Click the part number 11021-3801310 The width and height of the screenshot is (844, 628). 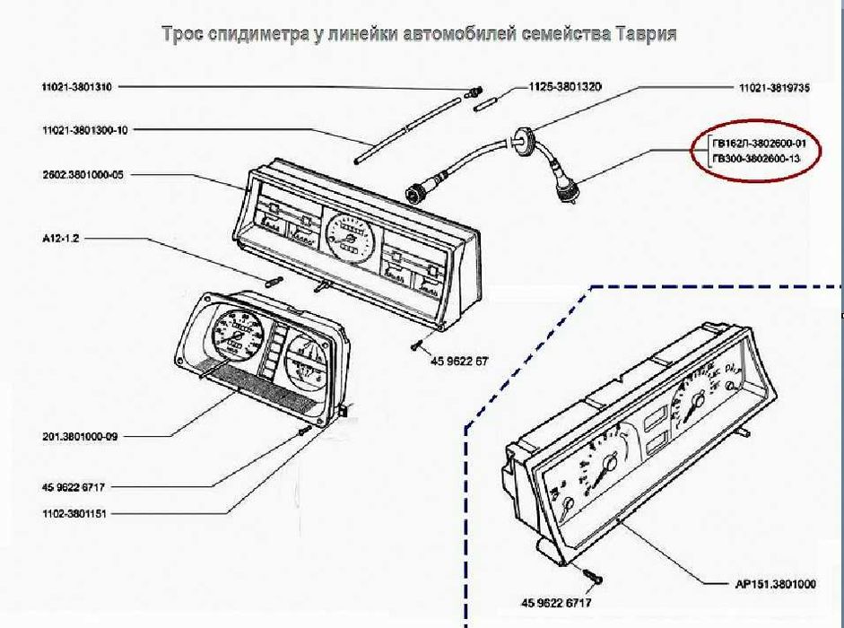click(76, 87)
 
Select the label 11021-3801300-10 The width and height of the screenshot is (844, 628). click(84, 130)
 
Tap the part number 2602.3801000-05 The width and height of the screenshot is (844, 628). click(83, 174)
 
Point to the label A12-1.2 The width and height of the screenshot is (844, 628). click(61, 240)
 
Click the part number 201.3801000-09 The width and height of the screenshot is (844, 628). click(80, 437)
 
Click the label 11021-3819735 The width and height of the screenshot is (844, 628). click(774, 88)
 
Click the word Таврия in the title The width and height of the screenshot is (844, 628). click(645, 34)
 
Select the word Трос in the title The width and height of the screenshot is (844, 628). click(182, 34)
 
